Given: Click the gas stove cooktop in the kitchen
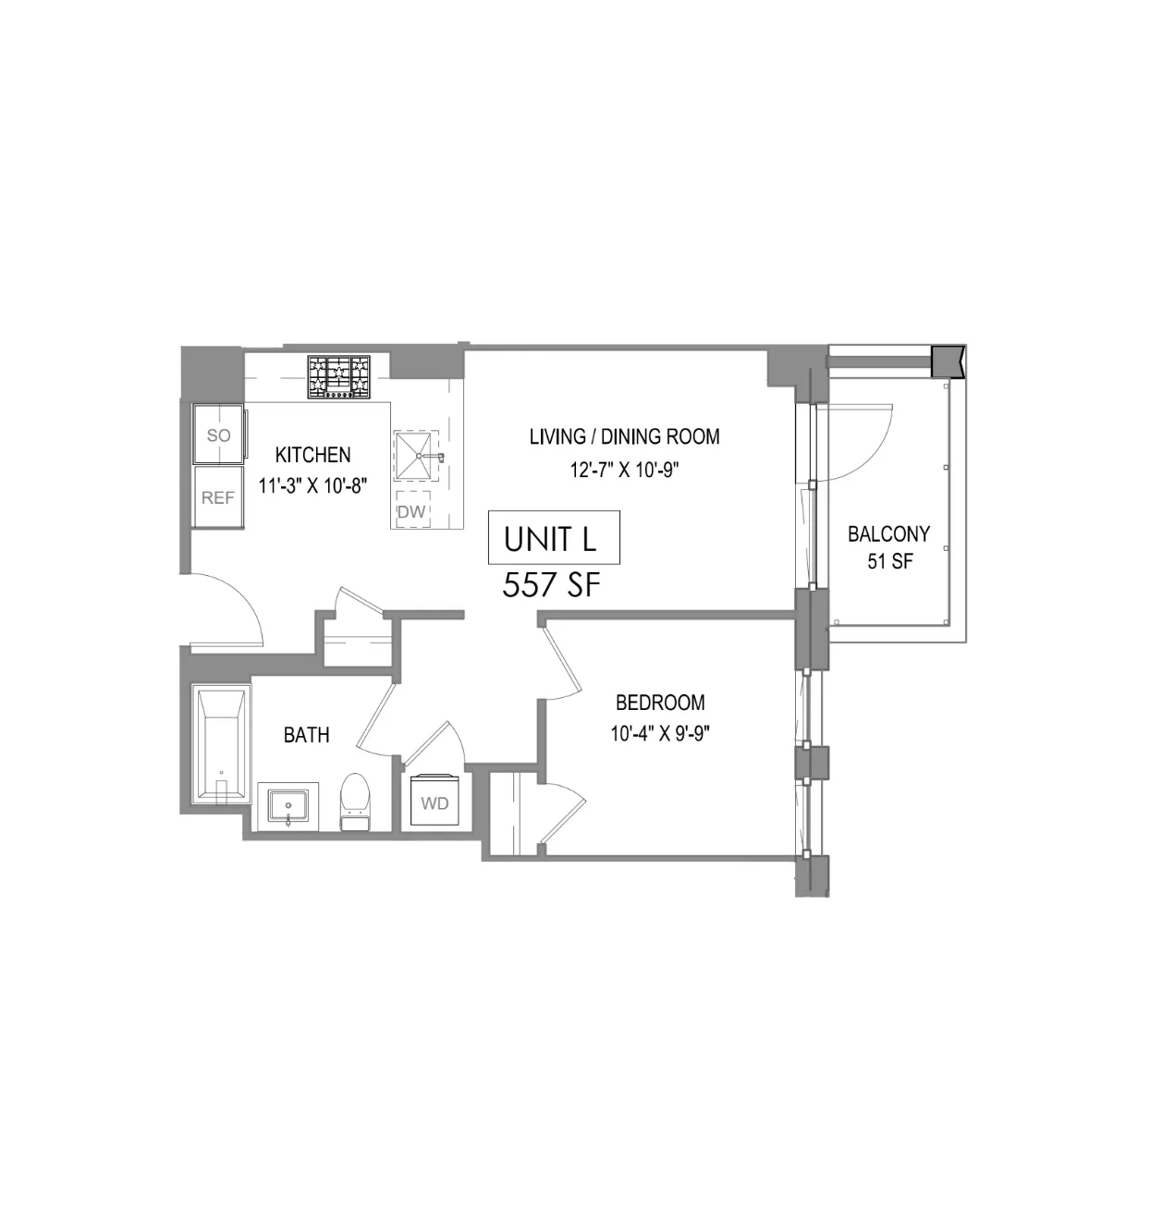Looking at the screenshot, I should pos(338,378).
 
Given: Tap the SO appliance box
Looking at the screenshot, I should pos(218,435).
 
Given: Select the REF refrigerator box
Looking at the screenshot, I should pos(218,497).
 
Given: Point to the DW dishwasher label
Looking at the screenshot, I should pos(411,511).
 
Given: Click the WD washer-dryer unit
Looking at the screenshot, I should pos(435,802).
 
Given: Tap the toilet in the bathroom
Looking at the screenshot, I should pos(355,802).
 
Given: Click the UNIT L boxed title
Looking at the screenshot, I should pos(553,538).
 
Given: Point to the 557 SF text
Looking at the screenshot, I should pos(551,585).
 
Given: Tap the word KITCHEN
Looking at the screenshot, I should pos(312,455).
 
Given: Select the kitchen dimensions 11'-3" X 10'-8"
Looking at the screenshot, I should pos(312,486).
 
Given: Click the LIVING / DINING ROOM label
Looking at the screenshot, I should pos(624,436).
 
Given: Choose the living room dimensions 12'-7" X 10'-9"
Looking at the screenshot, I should pos(624,470).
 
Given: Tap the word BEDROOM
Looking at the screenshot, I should pos(660,703).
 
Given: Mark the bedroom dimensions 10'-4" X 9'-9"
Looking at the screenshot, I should pos(660,735).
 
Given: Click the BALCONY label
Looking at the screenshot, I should pos(888,533).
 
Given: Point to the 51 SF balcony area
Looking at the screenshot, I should pos(889,561).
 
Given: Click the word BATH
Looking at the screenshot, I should pos(306,735).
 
